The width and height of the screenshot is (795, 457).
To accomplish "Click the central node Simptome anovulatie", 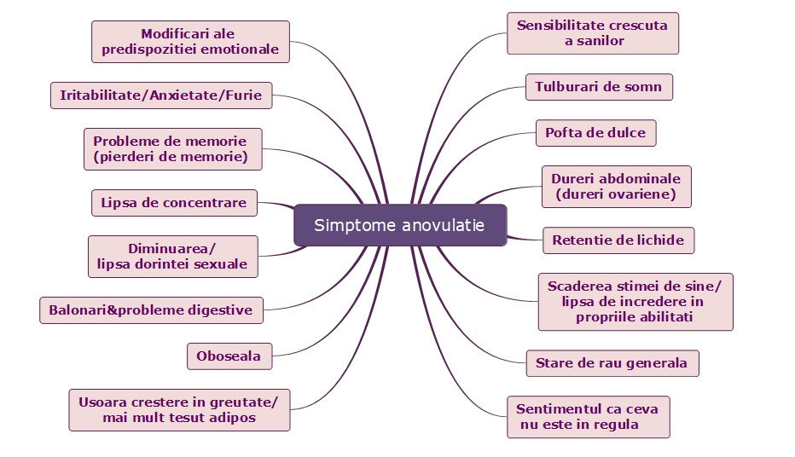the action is (x=399, y=226).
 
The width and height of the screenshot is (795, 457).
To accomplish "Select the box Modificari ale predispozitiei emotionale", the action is (x=190, y=42).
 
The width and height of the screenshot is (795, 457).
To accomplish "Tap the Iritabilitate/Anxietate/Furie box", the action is (x=160, y=95).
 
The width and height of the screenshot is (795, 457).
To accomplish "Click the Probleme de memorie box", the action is (x=172, y=149).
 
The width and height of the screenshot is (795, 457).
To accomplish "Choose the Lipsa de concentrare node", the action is (x=173, y=203).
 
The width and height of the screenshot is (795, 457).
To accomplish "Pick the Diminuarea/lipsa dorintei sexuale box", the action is (x=172, y=256).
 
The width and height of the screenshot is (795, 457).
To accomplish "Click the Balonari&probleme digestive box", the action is (x=150, y=310).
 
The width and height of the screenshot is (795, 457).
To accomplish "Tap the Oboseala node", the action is (x=229, y=356).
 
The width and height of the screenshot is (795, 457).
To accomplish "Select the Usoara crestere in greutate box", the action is (x=179, y=410).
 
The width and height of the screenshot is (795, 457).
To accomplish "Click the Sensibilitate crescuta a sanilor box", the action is (x=592, y=32).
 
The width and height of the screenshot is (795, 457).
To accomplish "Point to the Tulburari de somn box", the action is (x=599, y=87).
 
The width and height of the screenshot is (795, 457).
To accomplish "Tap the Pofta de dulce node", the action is (x=596, y=133).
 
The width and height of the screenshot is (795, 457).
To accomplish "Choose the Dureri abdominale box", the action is (x=616, y=187).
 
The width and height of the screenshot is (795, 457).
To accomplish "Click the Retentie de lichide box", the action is (x=618, y=240).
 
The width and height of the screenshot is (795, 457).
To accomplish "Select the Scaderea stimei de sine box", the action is (x=635, y=301).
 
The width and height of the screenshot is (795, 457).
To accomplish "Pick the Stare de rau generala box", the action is (x=612, y=363).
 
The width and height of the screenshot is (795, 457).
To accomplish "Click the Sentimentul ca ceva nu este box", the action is (x=588, y=416).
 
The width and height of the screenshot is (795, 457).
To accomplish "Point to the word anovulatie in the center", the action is (x=443, y=226).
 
